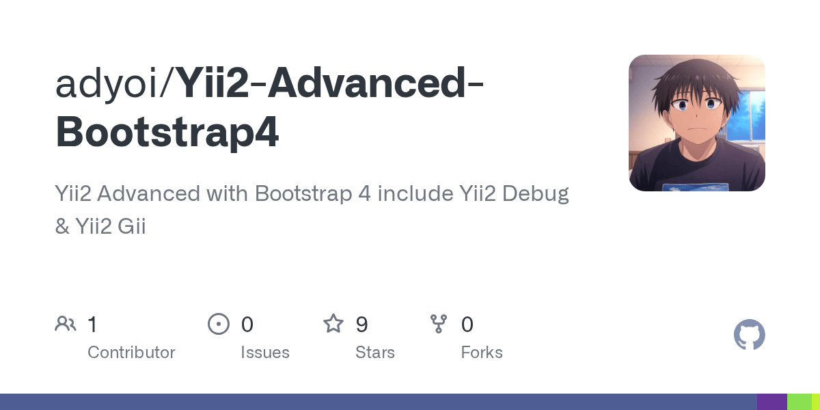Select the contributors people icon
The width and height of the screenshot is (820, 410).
click(x=66, y=324)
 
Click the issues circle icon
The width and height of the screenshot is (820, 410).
click(x=219, y=324)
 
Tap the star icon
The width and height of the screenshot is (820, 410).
click(x=333, y=324)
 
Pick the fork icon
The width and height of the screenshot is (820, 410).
click(x=439, y=324)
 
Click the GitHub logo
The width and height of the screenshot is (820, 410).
click(x=749, y=336)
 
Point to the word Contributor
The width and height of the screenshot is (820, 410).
click(x=131, y=353)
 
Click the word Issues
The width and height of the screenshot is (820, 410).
click(x=264, y=353)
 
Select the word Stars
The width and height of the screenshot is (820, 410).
click(x=374, y=353)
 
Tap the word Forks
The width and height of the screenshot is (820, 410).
click(x=482, y=353)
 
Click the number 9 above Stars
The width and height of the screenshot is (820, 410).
click(x=362, y=324)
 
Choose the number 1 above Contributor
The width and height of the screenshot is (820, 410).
click(x=92, y=324)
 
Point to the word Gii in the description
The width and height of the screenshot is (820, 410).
click(x=132, y=227)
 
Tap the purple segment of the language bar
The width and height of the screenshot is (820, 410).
click(x=771, y=402)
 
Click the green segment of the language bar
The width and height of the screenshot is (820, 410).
click(x=799, y=402)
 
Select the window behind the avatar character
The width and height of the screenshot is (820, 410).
click(x=748, y=109)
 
